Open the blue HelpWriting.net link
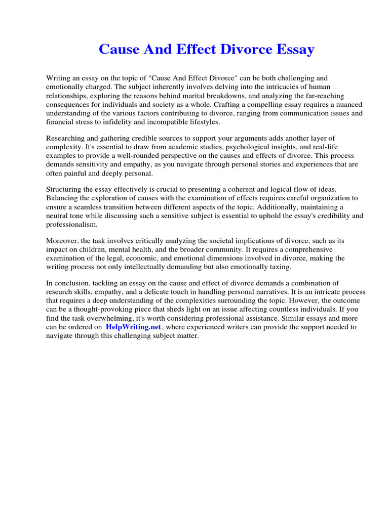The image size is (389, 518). pyautogui.click(x=134, y=327)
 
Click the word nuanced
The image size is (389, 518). pyautogui.click(x=348, y=105)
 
